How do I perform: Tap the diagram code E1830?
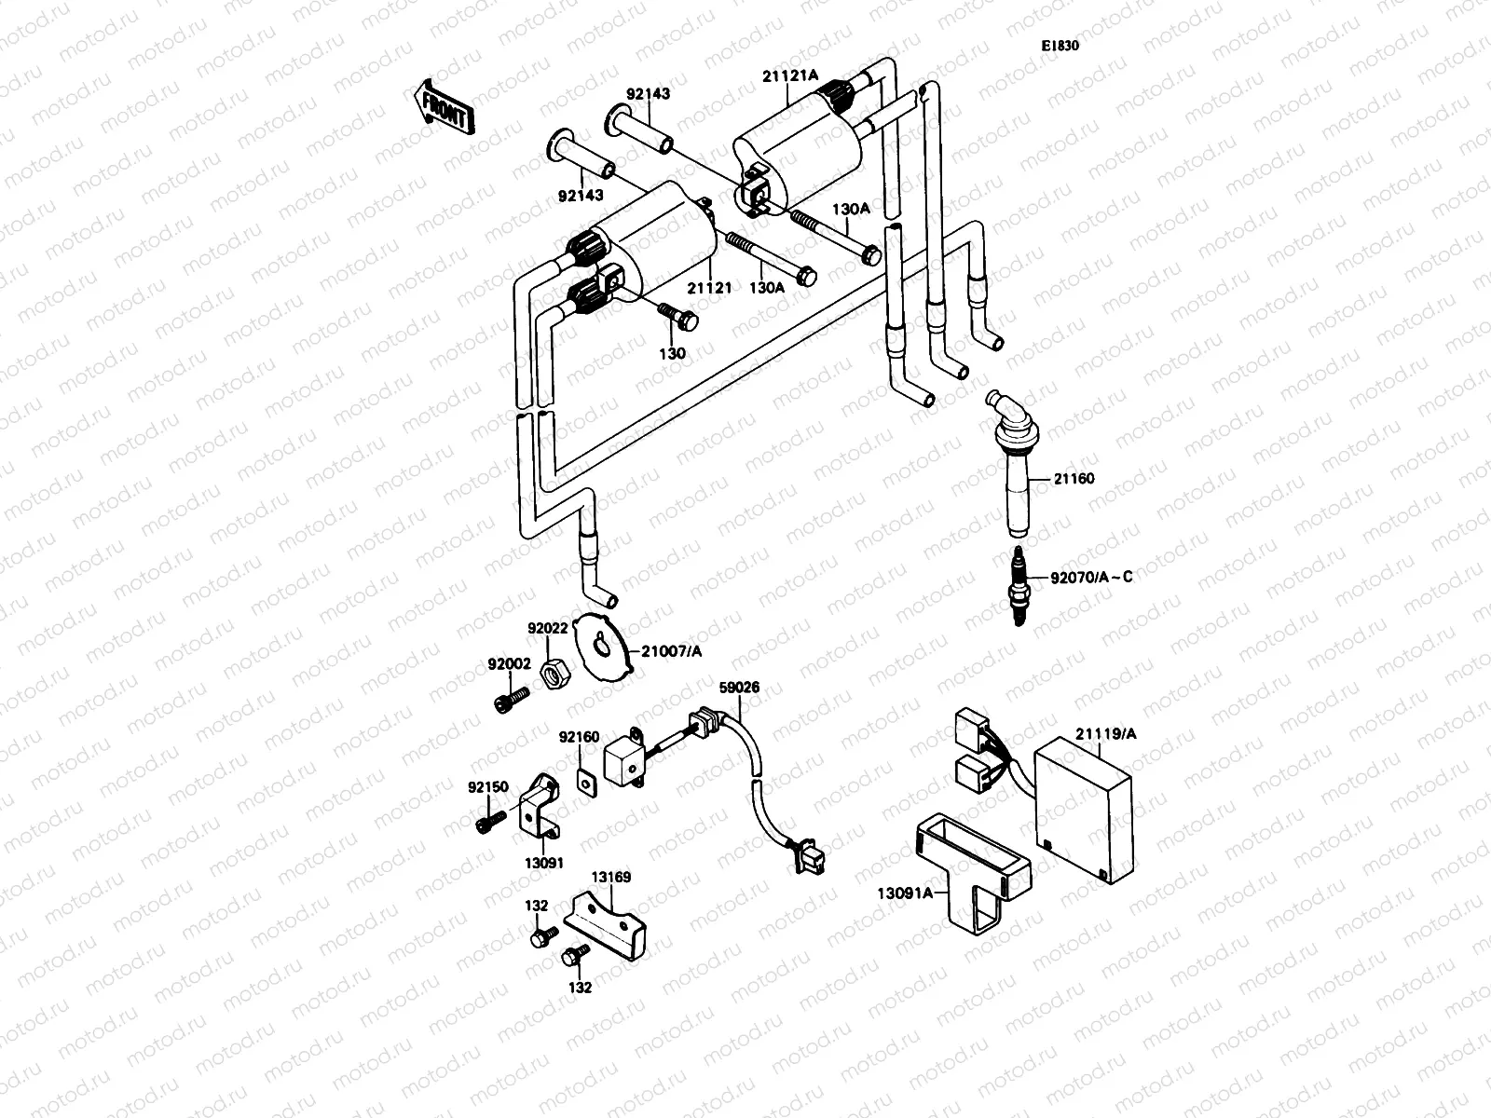tap(1060, 45)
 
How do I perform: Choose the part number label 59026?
tap(739, 688)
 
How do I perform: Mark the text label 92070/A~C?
tap(1091, 577)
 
